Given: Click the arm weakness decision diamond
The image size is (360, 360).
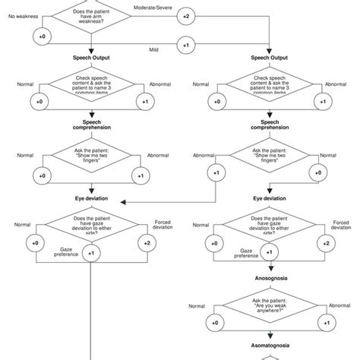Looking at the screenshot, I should (92, 15).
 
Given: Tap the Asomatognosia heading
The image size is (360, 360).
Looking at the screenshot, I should (270, 352).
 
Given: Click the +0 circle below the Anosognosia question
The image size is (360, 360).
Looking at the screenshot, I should (216, 323).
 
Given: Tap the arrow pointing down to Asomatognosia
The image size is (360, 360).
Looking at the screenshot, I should (270, 343).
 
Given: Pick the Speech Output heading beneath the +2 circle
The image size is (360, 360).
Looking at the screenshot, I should (270, 57).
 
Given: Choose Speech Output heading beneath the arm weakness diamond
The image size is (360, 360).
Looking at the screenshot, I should (92, 57).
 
